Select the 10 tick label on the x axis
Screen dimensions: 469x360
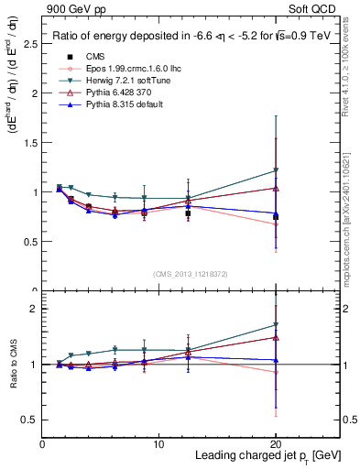click(158, 443)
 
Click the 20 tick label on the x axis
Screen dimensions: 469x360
click(275, 443)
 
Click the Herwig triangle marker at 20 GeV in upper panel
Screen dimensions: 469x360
click(275, 170)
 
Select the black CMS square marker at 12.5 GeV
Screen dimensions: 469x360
click(188, 213)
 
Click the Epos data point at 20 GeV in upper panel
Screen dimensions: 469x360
click(275, 224)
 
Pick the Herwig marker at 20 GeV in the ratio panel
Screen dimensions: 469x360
click(275, 324)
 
